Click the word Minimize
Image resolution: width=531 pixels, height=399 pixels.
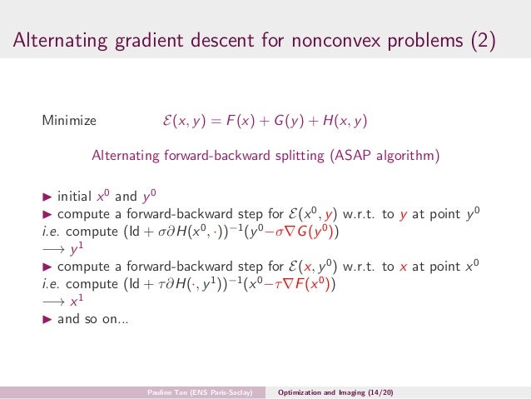click(x=69, y=122)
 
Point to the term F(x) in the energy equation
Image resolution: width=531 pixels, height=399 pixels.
click(x=249, y=122)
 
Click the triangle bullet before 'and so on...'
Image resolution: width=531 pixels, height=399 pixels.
click(x=47, y=317)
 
